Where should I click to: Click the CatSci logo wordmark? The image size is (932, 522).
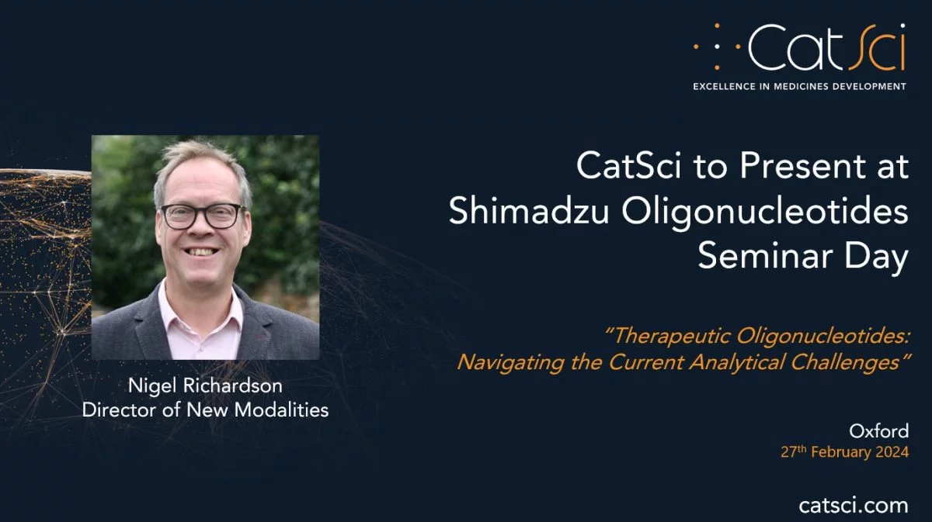[826, 47]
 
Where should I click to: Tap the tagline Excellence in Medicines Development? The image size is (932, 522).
[799, 86]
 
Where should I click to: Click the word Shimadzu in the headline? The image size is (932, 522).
[528, 211]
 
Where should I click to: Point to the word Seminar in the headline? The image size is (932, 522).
[764, 256]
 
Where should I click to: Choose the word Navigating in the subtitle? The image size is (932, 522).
[511, 363]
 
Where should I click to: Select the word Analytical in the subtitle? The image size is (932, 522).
[737, 363]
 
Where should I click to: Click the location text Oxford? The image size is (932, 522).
[878, 431]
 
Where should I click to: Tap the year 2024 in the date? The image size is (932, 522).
[892, 451]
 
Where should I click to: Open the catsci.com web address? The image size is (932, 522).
[854, 506]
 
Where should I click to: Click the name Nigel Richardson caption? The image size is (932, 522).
[205, 385]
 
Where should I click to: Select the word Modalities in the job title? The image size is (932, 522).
[281, 410]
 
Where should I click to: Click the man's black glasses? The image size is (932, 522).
[203, 216]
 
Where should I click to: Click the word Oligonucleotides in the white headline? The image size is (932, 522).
[765, 213]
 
